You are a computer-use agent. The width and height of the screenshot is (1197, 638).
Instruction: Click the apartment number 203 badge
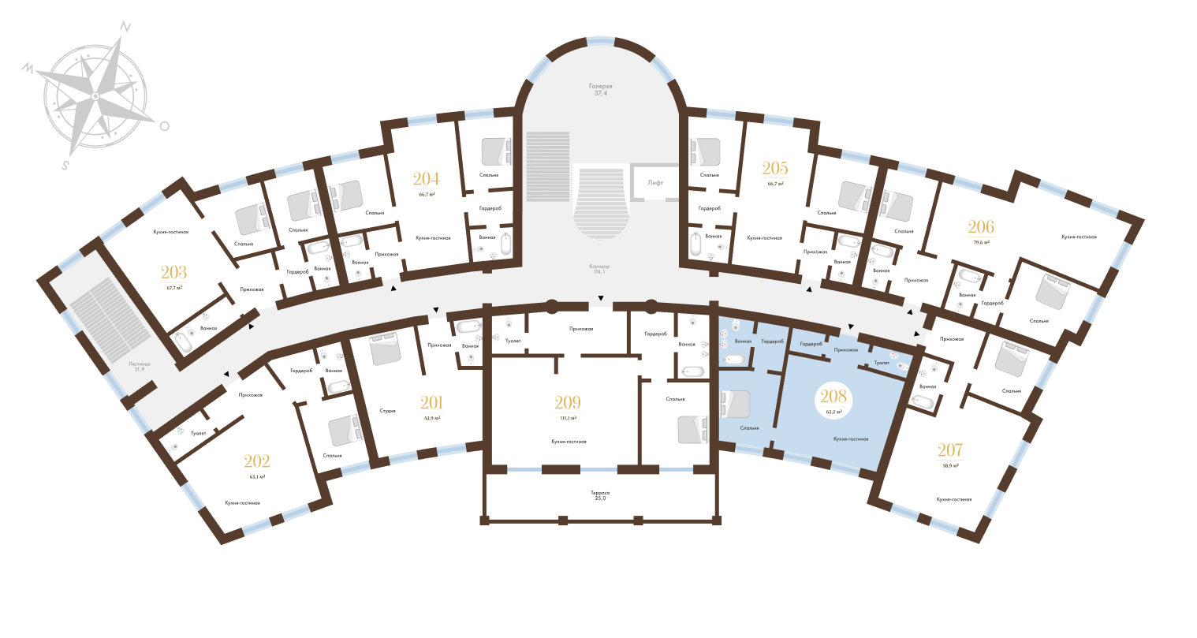(173, 277)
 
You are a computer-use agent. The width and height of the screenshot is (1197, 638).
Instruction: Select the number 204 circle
(428, 182)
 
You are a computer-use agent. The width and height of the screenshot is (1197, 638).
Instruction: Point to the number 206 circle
(982, 231)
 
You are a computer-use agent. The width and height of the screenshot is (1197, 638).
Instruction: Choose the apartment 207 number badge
(949, 454)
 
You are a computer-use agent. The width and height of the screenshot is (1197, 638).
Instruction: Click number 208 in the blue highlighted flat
(833, 401)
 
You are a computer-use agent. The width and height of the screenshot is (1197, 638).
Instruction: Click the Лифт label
(655, 182)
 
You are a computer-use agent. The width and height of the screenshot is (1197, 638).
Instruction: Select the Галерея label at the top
(600, 85)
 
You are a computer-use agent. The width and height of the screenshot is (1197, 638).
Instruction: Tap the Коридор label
(600, 267)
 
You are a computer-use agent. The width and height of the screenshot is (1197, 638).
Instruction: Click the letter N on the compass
(125, 26)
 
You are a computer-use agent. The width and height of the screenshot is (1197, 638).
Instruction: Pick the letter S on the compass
(66, 166)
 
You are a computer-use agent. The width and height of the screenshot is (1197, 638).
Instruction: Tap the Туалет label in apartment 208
(881, 364)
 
